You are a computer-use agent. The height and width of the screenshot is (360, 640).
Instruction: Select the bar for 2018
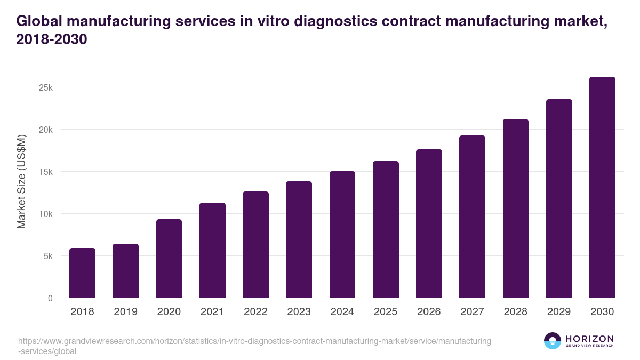click(82, 273)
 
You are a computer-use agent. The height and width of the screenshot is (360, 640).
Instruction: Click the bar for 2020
click(169, 259)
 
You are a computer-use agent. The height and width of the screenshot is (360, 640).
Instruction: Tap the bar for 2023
click(299, 239)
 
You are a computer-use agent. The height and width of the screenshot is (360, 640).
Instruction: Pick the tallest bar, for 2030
click(602, 187)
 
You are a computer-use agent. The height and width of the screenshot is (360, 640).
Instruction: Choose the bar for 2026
click(429, 223)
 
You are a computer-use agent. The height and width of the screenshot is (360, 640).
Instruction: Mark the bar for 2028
click(515, 209)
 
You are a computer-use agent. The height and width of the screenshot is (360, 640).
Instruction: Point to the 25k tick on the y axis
click(46, 87)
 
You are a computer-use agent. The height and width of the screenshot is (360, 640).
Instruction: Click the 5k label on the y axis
click(47, 256)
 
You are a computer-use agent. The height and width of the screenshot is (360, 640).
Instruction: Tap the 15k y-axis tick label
click(46, 172)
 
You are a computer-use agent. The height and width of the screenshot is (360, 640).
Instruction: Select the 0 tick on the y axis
click(50, 298)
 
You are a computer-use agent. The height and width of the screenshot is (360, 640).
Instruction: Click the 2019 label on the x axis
click(125, 312)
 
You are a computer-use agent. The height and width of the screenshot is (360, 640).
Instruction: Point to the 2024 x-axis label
click(342, 312)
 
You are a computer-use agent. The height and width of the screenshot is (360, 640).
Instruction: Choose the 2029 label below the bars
click(559, 312)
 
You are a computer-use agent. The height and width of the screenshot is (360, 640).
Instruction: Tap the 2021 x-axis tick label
click(212, 312)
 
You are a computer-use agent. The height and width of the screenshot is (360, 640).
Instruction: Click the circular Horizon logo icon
click(553, 341)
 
